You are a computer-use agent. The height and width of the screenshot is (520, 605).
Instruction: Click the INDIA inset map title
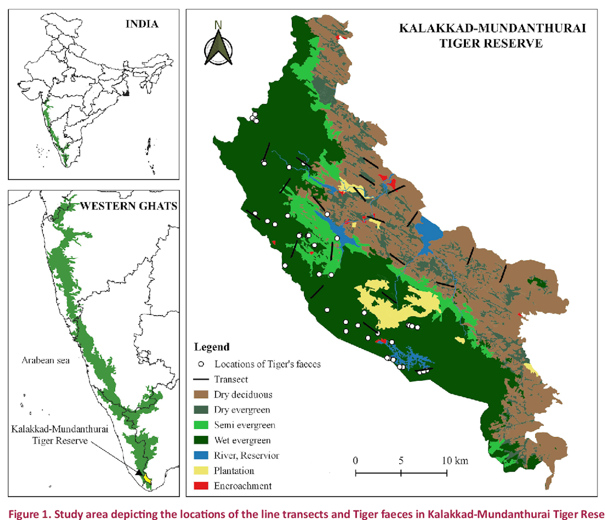point(142,24)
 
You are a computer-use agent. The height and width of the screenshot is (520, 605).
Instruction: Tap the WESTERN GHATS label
point(129,206)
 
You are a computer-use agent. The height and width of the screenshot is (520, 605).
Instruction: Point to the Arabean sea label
point(46,360)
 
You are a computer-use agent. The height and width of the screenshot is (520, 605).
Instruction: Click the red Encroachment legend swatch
point(201,486)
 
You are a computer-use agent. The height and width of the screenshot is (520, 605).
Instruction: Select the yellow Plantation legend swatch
point(201,470)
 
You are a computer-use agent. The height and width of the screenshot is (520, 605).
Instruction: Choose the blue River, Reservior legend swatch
point(201,455)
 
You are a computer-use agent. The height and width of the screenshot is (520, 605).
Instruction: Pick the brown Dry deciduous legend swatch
point(201,394)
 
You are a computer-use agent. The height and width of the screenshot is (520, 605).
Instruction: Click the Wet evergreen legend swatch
point(201,440)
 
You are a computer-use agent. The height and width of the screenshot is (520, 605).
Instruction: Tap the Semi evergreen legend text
point(245,425)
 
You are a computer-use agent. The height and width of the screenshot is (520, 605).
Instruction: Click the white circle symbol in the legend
point(201,364)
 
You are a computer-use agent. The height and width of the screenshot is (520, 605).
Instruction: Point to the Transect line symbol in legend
point(201,379)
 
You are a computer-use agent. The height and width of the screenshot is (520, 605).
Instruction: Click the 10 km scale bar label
point(455,461)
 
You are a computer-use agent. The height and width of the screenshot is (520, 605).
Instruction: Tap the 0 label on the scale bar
point(355,461)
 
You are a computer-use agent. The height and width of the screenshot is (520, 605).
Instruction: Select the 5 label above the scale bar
point(401,461)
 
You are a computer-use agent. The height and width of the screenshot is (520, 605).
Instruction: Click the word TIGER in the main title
point(459,44)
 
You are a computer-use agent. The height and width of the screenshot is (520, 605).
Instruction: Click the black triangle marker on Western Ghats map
point(139,472)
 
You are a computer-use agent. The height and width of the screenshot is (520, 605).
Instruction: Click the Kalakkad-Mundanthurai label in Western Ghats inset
point(59,429)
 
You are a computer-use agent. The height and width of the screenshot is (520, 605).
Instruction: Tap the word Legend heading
point(212,347)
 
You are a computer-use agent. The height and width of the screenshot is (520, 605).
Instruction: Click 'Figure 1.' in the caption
point(29,514)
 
